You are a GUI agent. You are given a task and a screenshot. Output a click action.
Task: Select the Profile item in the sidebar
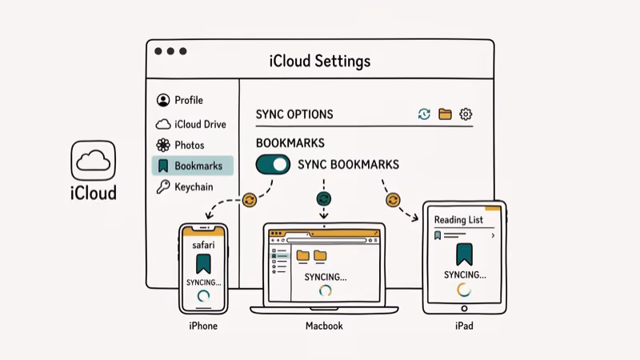pyautogui.click(x=180, y=100)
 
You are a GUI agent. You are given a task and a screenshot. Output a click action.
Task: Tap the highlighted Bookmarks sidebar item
pyautogui.click(x=192, y=166)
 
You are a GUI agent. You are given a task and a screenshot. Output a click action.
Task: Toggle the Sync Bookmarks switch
pyautogui.click(x=273, y=165)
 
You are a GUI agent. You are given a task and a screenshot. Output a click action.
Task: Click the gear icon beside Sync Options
pyautogui.click(x=466, y=114)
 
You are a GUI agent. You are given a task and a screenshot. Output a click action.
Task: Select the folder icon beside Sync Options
pyautogui.click(x=445, y=114)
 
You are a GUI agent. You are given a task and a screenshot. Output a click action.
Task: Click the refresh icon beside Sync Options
pyautogui.click(x=424, y=114)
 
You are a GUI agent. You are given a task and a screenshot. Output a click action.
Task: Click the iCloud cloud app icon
pyautogui.click(x=94, y=160)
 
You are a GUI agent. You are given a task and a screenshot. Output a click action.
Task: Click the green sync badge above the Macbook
pyautogui.click(x=324, y=198)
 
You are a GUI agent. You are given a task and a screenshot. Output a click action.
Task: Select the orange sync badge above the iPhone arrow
pyautogui.click(x=249, y=200)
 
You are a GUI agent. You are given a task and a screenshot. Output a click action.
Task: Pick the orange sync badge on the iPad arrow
pyautogui.click(x=392, y=199)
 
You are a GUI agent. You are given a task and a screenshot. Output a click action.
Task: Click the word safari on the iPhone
pyautogui.click(x=203, y=245)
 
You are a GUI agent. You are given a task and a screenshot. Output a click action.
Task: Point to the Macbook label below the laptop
pyautogui.click(x=324, y=326)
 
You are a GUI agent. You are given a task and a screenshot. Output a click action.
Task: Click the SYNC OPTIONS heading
pyautogui.click(x=294, y=114)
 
